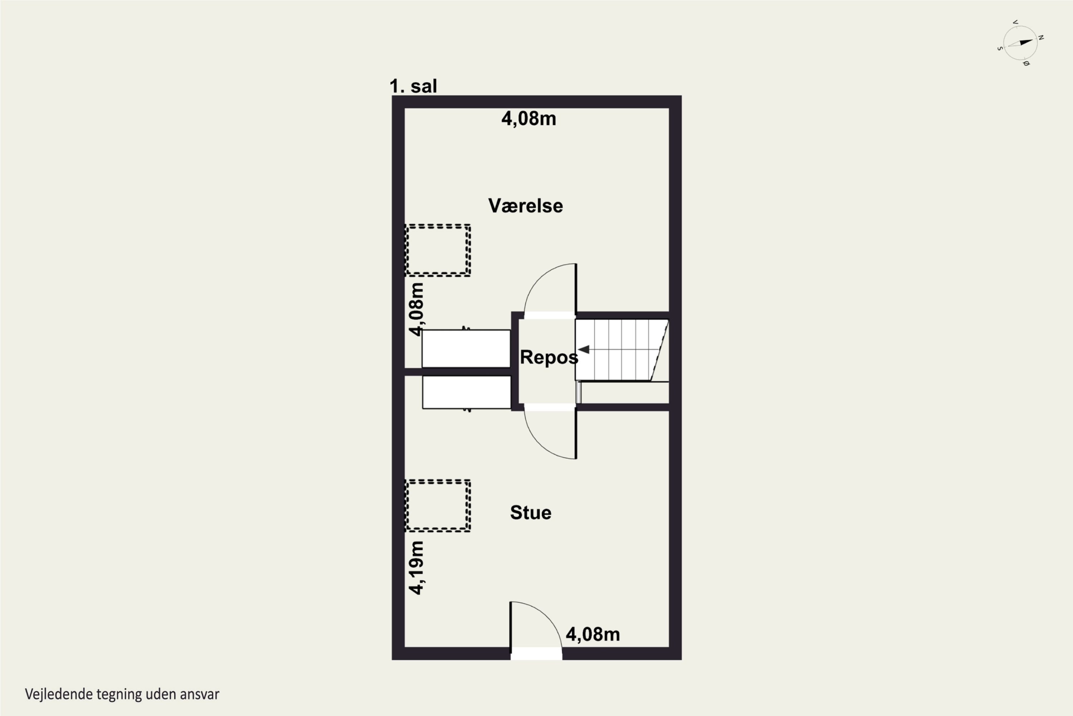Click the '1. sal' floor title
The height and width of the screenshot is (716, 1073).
click(x=413, y=86)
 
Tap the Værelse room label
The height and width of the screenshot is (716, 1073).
click(x=525, y=206)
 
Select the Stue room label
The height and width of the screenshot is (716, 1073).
click(x=530, y=512)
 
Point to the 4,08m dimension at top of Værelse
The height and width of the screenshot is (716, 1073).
click(x=529, y=119)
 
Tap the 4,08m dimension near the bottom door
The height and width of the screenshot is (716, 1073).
click(x=593, y=634)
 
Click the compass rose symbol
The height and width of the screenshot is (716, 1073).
click(x=1020, y=43)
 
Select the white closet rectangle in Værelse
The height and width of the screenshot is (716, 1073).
click(x=466, y=348)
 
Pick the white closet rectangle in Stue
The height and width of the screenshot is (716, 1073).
click(x=466, y=392)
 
